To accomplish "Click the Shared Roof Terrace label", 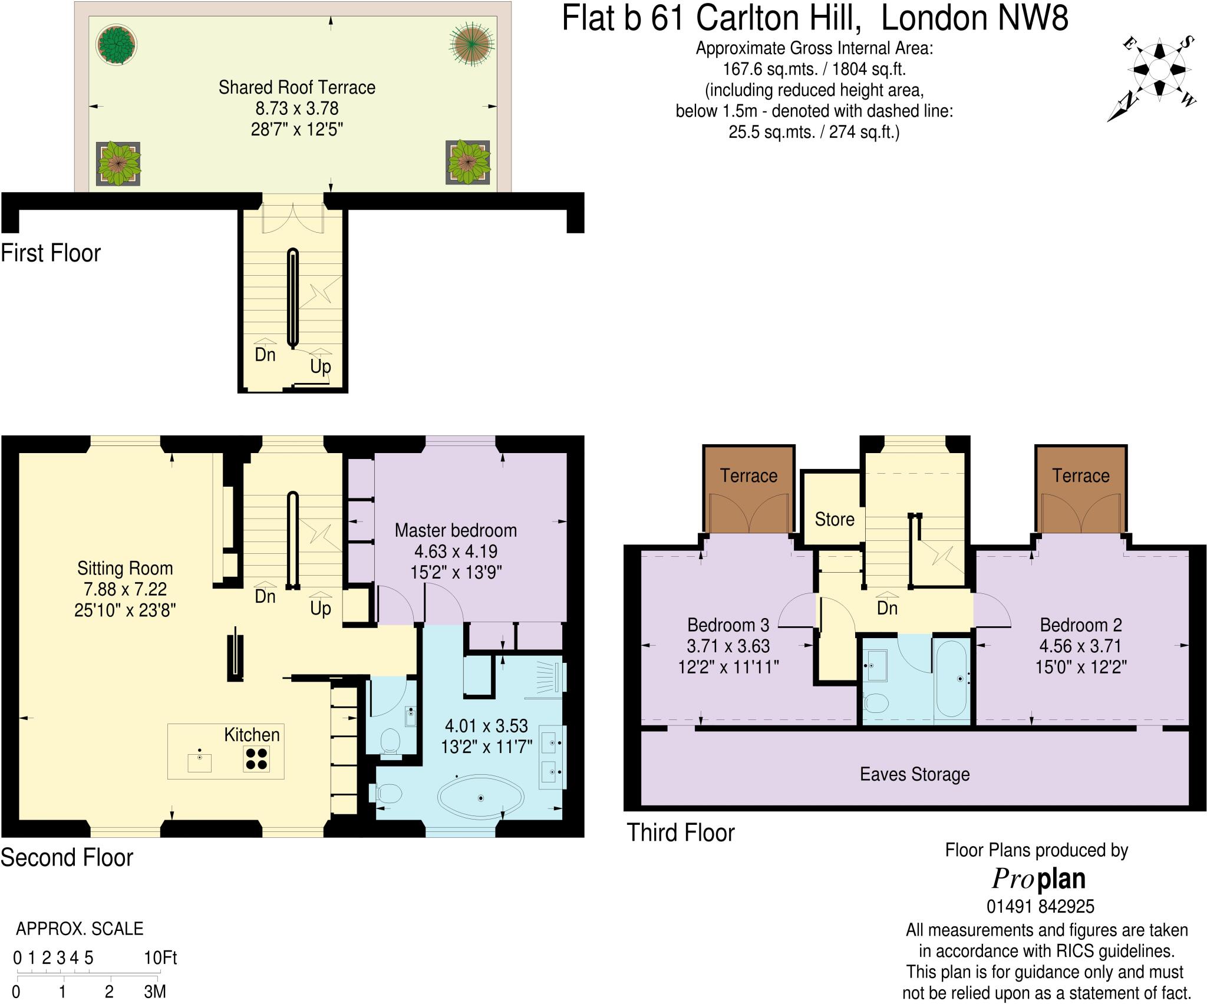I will click(296, 88).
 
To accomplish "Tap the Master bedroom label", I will click(456, 530).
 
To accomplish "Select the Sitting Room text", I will click(125, 569).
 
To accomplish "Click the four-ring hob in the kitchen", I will click(256, 758).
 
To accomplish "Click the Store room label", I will click(834, 519).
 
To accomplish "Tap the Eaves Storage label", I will click(915, 774).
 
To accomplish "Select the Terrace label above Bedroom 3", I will click(748, 475).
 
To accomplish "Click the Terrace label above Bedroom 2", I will click(1080, 475).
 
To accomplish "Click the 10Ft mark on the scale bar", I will click(160, 958).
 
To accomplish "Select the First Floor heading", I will click(51, 253).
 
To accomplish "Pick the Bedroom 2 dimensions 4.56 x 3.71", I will click(1080, 646).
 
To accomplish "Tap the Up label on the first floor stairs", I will click(320, 366).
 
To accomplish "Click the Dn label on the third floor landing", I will click(887, 608).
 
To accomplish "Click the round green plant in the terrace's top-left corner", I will click(117, 44).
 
